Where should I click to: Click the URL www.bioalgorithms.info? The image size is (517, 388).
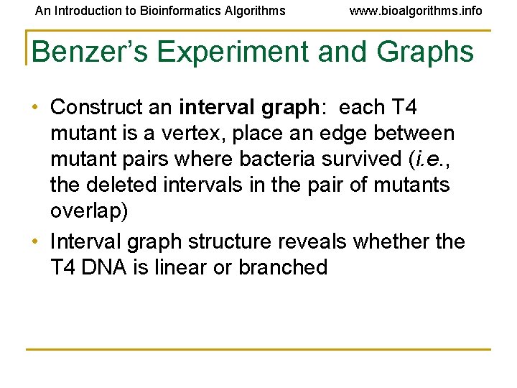[x=416, y=11]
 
